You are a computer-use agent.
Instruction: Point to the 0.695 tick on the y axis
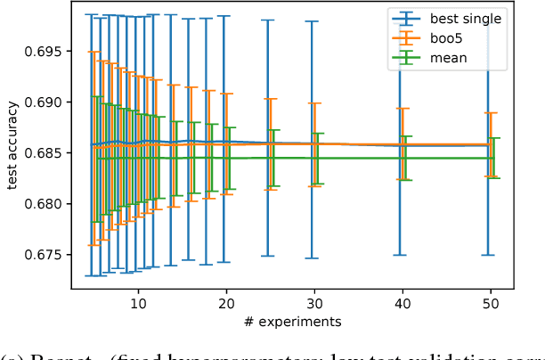[43, 51]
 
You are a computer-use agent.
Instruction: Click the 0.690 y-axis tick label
[43, 102]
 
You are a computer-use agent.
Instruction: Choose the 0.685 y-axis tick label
[43, 153]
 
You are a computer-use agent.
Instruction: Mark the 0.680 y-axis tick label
[43, 204]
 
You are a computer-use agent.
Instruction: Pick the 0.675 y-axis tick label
[43, 255]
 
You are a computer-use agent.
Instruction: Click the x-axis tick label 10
[138, 303]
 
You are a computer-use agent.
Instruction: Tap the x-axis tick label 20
[226, 303]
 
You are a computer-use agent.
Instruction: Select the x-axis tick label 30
[314, 303]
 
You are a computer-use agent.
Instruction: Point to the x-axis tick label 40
[403, 303]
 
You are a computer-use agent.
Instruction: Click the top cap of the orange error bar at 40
[403, 109]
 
